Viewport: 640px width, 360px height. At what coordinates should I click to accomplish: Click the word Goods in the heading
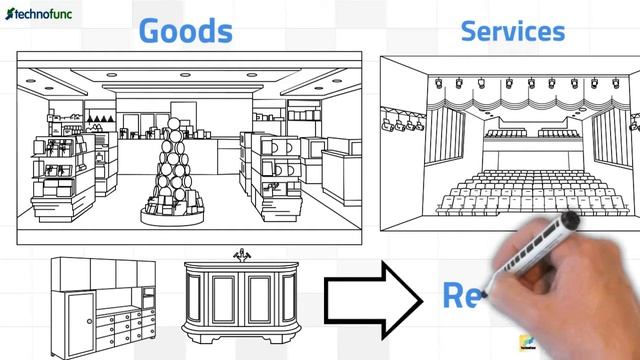coord(185,30)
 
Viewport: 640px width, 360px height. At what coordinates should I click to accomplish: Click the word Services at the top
coord(512,30)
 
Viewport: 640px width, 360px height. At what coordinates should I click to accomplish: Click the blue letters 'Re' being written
coord(463,295)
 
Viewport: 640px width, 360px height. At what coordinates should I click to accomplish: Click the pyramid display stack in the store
coord(177,160)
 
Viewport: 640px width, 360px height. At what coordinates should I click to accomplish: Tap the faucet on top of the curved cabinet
coord(241,254)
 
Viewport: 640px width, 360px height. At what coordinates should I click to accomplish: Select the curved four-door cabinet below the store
coord(240,300)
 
